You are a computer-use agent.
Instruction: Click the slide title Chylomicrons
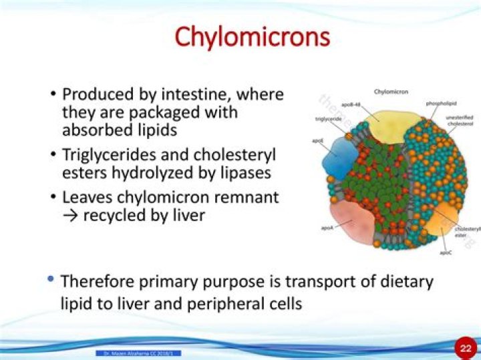pos(253,36)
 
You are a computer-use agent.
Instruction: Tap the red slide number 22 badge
pos(465,348)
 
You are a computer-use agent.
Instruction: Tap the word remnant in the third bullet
pos(243,198)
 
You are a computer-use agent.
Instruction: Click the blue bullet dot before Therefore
pos(51,280)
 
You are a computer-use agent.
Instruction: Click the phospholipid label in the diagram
pos(440,104)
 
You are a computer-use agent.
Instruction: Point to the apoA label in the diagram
pos(327,228)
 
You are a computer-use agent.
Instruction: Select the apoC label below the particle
pos(445,253)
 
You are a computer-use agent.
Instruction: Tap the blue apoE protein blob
pos(341,158)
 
